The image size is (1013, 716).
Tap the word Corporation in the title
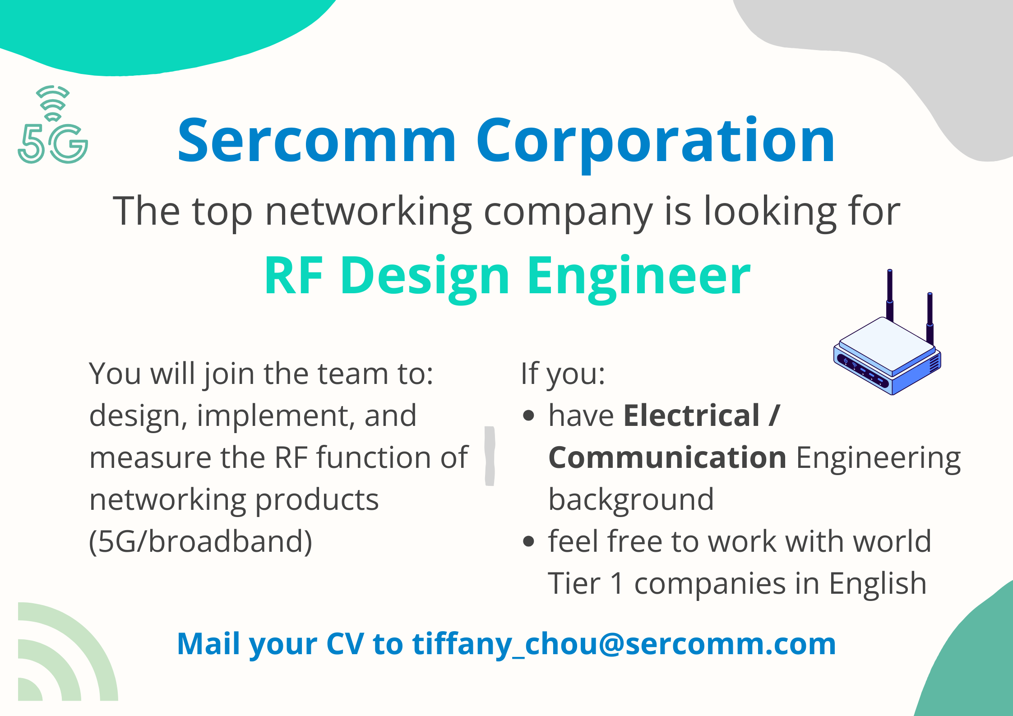coord(655,140)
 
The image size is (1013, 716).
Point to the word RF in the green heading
coord(294,276)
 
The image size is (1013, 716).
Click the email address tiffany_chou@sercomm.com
coord(624,644)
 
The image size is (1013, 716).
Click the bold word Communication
coord(667,457)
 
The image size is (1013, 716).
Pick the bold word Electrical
coord(691,416)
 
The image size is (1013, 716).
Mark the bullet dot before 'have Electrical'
coord(528,416)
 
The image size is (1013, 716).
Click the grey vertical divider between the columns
coord(490,456)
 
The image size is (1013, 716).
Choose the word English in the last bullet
coord(878,584)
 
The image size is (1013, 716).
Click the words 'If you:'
coord(563,374)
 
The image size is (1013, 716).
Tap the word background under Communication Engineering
coord(631,500)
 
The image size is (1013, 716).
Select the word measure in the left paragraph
coord(150,457)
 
